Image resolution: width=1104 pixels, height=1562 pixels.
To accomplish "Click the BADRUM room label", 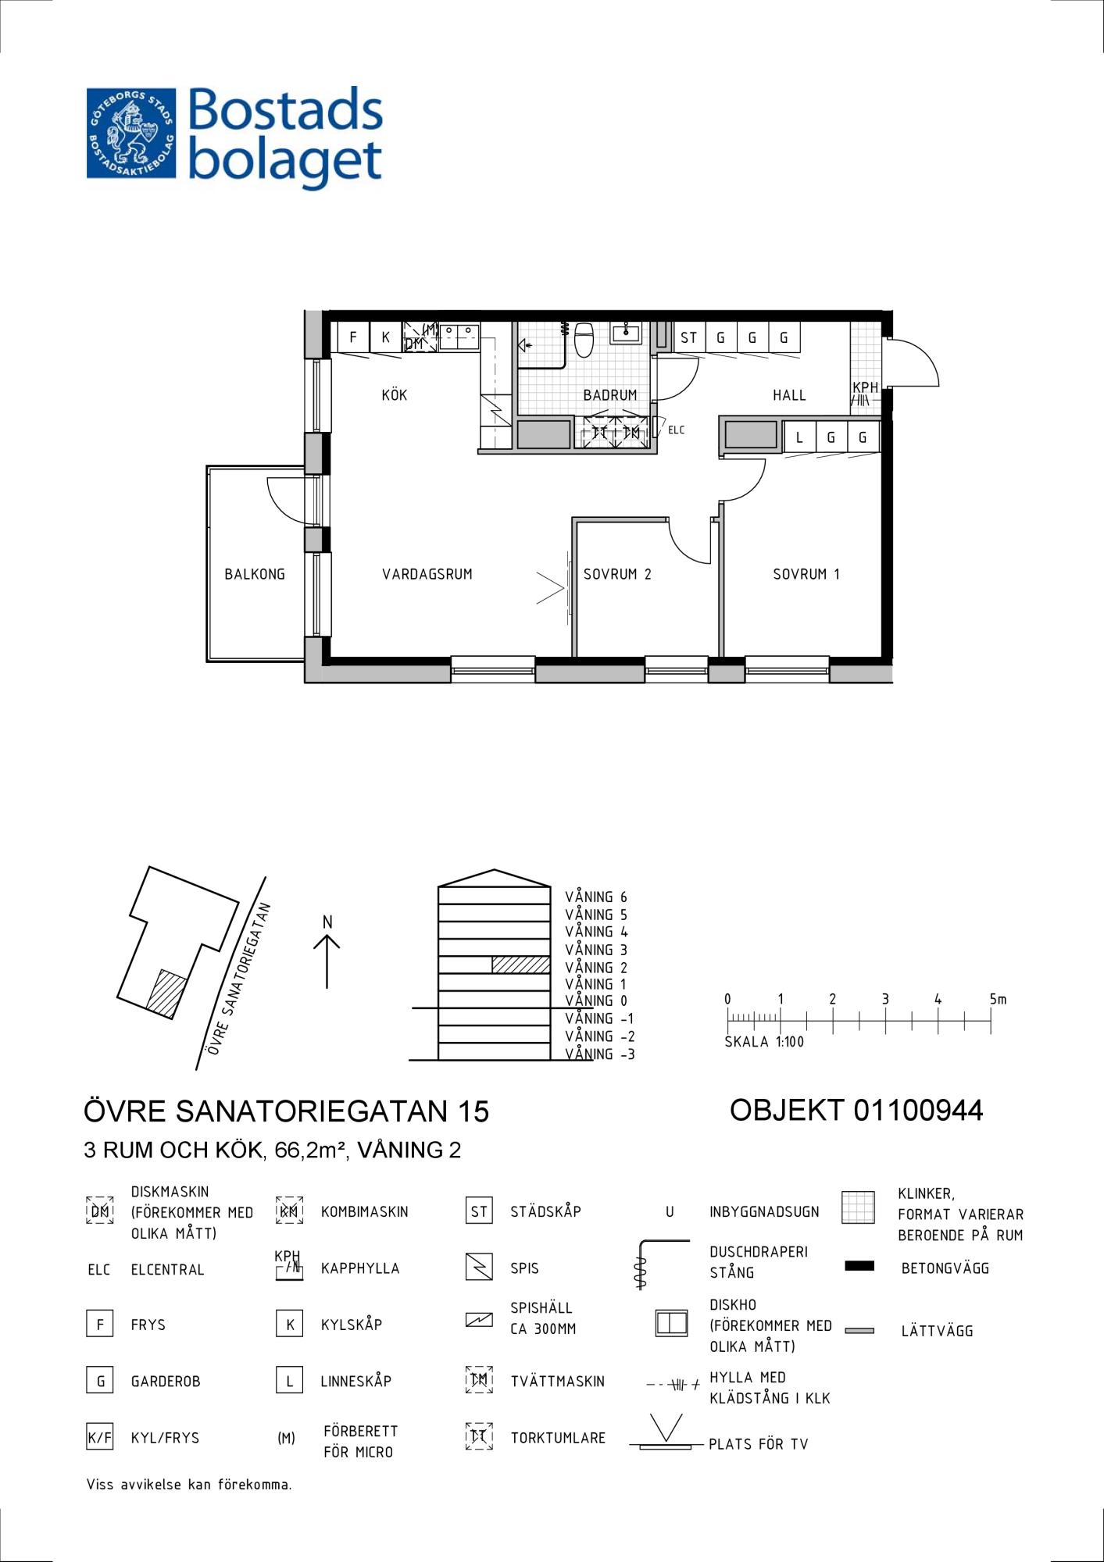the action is [x=609, y=395].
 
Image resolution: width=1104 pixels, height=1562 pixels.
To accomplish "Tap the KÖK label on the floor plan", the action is [x=395, y=394].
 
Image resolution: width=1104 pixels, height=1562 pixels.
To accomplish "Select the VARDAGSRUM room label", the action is [x=427, y=574].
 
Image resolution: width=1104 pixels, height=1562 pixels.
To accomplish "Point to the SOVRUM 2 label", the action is [x=617, y=574].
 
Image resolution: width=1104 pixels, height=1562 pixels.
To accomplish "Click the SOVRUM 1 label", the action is [x=806, y=574].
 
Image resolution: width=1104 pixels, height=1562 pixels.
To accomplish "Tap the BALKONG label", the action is [x=255, y=574].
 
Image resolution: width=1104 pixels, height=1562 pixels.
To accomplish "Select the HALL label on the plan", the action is [x=789, y=395].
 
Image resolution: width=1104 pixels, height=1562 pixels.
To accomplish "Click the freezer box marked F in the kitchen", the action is [x=353, y=337].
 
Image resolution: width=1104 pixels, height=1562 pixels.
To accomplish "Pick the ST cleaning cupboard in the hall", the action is [x=688, y=337].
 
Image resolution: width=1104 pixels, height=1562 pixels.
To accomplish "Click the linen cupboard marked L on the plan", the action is [x=799, y=437].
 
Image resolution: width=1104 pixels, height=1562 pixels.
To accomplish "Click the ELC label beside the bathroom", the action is [x=676, y=430].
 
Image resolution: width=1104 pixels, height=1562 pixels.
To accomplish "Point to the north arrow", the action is [x=327, y=961].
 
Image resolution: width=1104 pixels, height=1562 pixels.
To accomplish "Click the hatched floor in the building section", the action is [x=521, y=965].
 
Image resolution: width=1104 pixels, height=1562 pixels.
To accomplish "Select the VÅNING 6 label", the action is [x=596, y=897].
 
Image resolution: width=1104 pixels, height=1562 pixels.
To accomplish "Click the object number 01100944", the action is [x=919, y=1110].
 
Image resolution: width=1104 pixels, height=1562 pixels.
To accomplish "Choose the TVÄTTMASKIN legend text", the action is [x=558, y=1381].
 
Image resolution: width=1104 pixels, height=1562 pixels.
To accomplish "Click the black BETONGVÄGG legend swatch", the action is [x=859, y=1266].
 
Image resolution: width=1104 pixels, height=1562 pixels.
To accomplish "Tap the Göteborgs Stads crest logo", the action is [x=131, y=134].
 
